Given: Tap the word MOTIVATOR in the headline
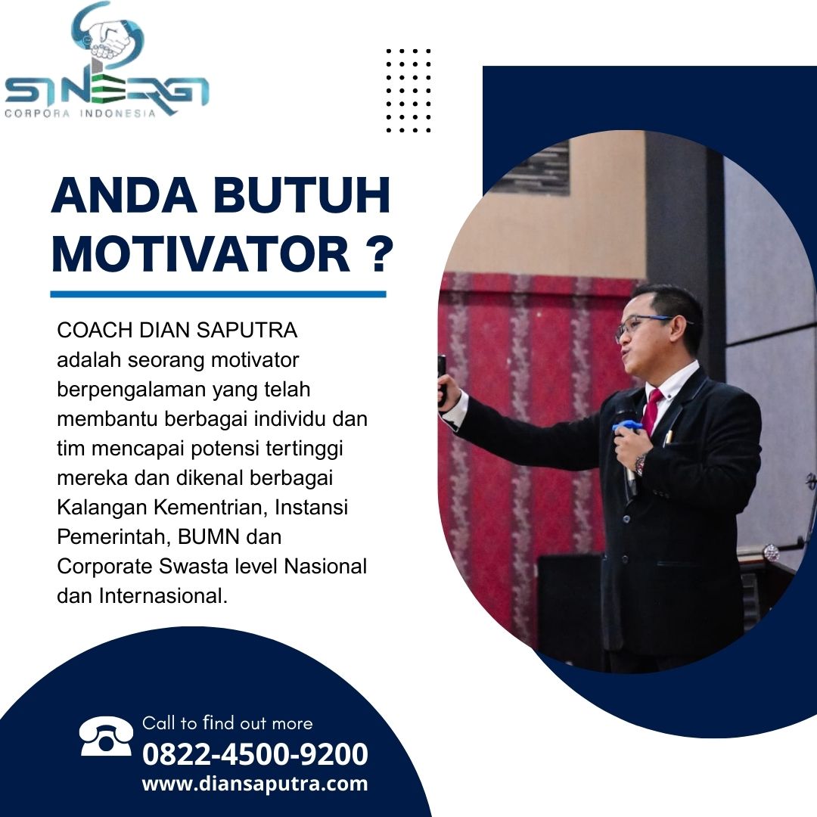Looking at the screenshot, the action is click(x=200, y=253).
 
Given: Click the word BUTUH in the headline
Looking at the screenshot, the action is click(x=302, y=195).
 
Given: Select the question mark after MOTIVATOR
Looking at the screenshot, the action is click(x=376, y=253).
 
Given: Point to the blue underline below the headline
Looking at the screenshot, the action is click(x=218, y=294).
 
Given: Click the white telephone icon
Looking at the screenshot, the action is click(x=106, y=736).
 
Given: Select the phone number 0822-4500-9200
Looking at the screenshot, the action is click(x=255, y=754).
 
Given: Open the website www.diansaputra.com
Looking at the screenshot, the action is click(x=255, y=784).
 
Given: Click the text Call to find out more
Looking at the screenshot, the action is click(x=227, y=723).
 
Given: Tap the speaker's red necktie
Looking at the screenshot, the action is click(x=651, y=411).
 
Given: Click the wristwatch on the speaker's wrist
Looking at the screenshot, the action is click(x=641, y=464).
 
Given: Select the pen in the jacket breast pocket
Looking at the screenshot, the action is click(x=667, y=438).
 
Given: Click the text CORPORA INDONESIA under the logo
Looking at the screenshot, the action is click(x=80, y=113).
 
